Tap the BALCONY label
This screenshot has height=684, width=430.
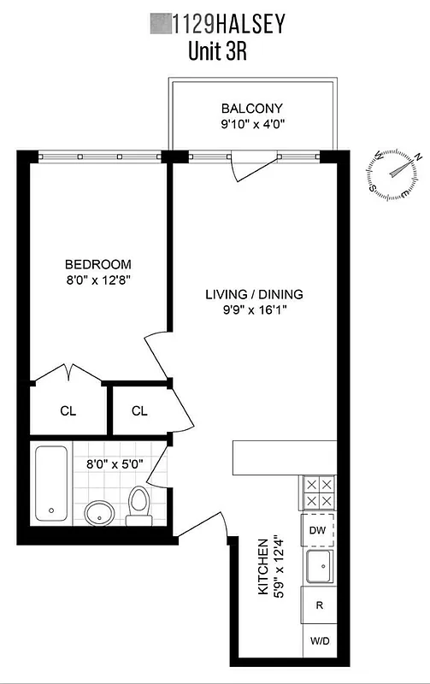click(x=251, y=109)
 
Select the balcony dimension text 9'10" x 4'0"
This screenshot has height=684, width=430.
click(x=251, y=124)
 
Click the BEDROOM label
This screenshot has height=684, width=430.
click(x=99, y=264)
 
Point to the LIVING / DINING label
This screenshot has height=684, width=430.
click(x=254, y=295)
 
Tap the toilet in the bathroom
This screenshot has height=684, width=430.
click(x=138, y=504)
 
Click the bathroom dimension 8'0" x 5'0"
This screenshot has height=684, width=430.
click(x=115, y=464)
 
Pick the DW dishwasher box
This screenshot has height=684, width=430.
click(x=318, y=530)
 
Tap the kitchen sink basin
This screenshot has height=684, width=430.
click(x=319, y=564)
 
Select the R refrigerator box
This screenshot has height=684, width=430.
click(x=319, y=605)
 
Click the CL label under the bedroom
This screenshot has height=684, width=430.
click(x=68, y=411)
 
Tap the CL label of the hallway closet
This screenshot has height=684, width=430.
click(x=139, y=411)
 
